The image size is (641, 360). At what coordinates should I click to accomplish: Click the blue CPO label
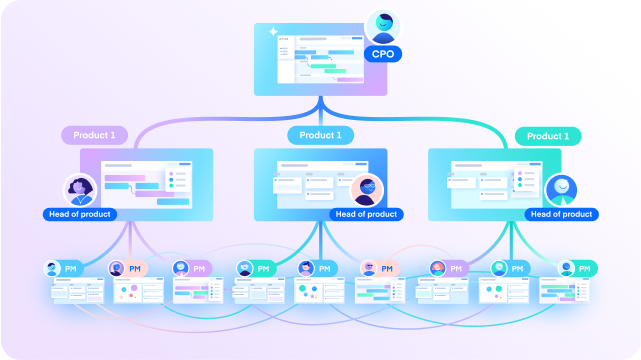pyautogui.click(x=381, y=54)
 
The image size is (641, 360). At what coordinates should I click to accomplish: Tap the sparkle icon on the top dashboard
pyautogui.click(x=272, y=32)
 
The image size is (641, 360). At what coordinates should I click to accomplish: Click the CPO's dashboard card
pyautogui.click(x=318, y=61)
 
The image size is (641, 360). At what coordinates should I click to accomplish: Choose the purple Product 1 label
pyautogui.click(x=95, y=135)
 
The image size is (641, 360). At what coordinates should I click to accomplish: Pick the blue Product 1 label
pyautogui.click(x=321, y=135)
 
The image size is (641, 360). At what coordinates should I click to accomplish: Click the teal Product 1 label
pyautogui.click(x=547, y=135)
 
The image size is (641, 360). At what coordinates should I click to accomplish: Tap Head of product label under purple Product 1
pyautogui.click(x=80, y=214)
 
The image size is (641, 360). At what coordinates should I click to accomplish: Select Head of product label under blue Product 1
pyautogui.click(x=367, y=214)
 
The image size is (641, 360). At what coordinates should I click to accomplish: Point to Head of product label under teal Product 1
pyautogui.click(x=561, y=214)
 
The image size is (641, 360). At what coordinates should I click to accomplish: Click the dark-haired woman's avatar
pyautogui.click(x=79, y=189)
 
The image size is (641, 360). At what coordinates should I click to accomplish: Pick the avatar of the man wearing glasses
pyautogui.click(x=367, y=189)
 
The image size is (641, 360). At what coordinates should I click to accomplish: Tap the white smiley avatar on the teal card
pyautogui.click(x=560, y=189)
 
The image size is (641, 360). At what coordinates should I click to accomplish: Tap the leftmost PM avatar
pyautogui.click(x=53, y=269)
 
